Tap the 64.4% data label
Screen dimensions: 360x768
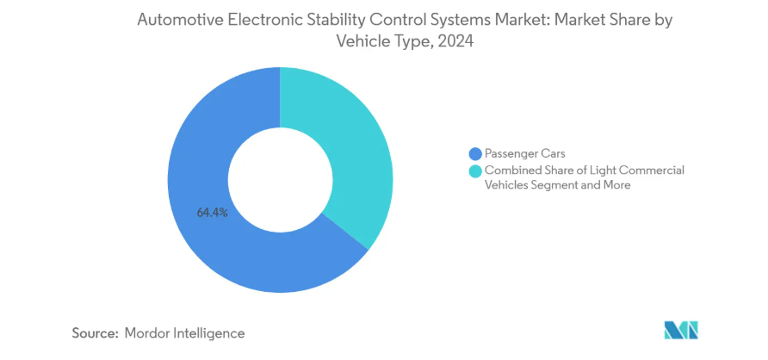[x=212, y=212]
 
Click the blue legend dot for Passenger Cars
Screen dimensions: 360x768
[x=474, y=153]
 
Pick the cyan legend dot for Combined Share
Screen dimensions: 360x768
[x=474, y=171]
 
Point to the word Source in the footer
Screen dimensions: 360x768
[x=95, y=332]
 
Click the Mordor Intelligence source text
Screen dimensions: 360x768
[x=184, y=332]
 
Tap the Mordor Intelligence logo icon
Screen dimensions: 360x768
[x=681, y=330]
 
